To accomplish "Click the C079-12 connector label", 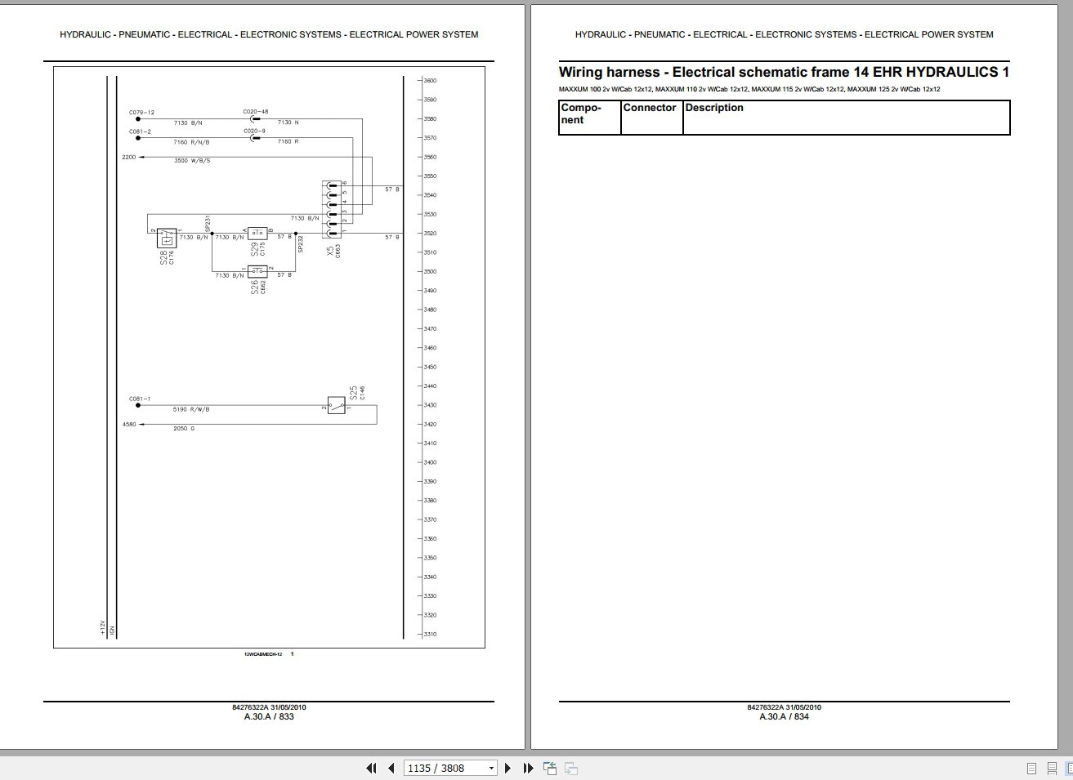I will [141, 112].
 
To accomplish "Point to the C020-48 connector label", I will [255, 112].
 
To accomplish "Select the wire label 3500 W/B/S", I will [192, 161].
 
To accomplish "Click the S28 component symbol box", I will [167, 238].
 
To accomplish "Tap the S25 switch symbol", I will [336, 406].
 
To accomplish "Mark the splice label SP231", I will [208, 223].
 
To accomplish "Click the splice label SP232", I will [301, 244].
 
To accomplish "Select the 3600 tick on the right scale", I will [430, 81].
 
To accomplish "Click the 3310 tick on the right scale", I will [430, 635].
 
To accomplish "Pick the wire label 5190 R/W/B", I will [191, 409].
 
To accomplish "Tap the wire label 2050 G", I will [185, 429].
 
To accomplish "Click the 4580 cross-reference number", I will [129, 425].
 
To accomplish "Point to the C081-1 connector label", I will [140, 399].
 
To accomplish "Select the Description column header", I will [714, 108].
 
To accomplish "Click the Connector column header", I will [650, 108].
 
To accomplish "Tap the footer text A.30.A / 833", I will [269, 716].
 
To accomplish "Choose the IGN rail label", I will [113, 630].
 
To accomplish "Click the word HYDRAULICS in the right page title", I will [952, 72].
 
